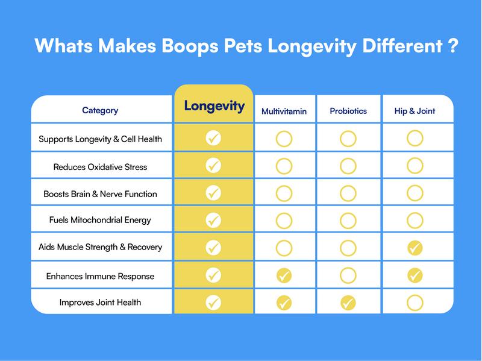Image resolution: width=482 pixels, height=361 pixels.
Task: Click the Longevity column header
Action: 214,107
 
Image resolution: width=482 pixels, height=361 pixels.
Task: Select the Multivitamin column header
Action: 284,111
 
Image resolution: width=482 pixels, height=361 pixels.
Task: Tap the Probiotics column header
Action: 348,111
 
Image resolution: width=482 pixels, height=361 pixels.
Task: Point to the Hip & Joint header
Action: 415,111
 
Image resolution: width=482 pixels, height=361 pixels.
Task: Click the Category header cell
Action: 100,110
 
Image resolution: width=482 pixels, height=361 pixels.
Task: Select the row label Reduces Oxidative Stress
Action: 100,166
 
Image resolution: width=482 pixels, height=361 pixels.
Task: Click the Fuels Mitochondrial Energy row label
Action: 100,220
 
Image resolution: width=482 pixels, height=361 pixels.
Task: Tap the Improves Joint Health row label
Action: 100,302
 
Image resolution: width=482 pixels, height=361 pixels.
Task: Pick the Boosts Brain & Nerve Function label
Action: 100,194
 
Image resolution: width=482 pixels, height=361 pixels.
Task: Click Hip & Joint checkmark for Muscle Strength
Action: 415,247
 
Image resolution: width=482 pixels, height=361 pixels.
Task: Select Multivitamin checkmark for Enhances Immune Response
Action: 284,276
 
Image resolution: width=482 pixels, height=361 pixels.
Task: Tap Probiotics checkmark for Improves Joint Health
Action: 348,303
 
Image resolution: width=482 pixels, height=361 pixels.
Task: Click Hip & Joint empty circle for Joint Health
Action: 415,303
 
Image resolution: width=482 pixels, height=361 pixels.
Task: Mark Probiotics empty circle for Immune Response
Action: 348,276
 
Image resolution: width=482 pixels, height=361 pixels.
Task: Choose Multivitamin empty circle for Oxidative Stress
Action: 284,166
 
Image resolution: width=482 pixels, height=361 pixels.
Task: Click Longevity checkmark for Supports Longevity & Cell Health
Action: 213,139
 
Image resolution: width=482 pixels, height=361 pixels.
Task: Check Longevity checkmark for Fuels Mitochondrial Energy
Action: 213,220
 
